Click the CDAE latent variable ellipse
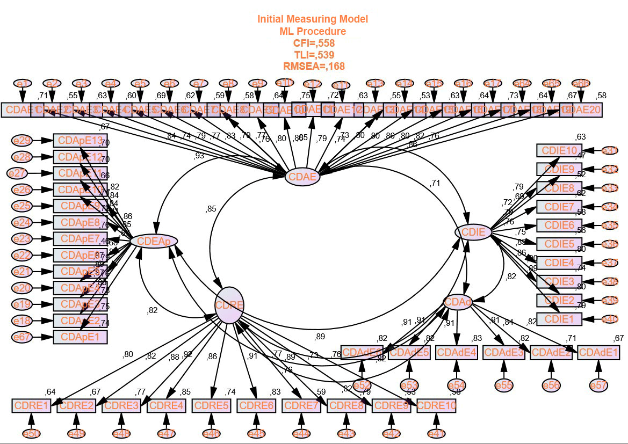(x=302, y=176)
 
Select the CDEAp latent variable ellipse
(x=154, y=242)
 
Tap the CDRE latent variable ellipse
(x=229, y=305)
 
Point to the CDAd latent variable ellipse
(x=458, y=303)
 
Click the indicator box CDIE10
(x=559, y=150)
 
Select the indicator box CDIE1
(x=559, y=319)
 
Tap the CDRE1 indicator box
(x=32, y=405)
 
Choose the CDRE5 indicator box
(x=212, y=405)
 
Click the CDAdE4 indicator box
(x=457, y=353)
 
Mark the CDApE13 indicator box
(x=80, y=141)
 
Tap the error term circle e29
(x=22, y=141)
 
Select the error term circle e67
(x=22, y=337)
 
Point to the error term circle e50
(x=31, y=433)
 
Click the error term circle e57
(x=598, y=385)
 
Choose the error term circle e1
(x=23, y=84)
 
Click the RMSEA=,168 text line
(x=313, y=66)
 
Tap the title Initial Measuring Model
(x=313, y=19)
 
